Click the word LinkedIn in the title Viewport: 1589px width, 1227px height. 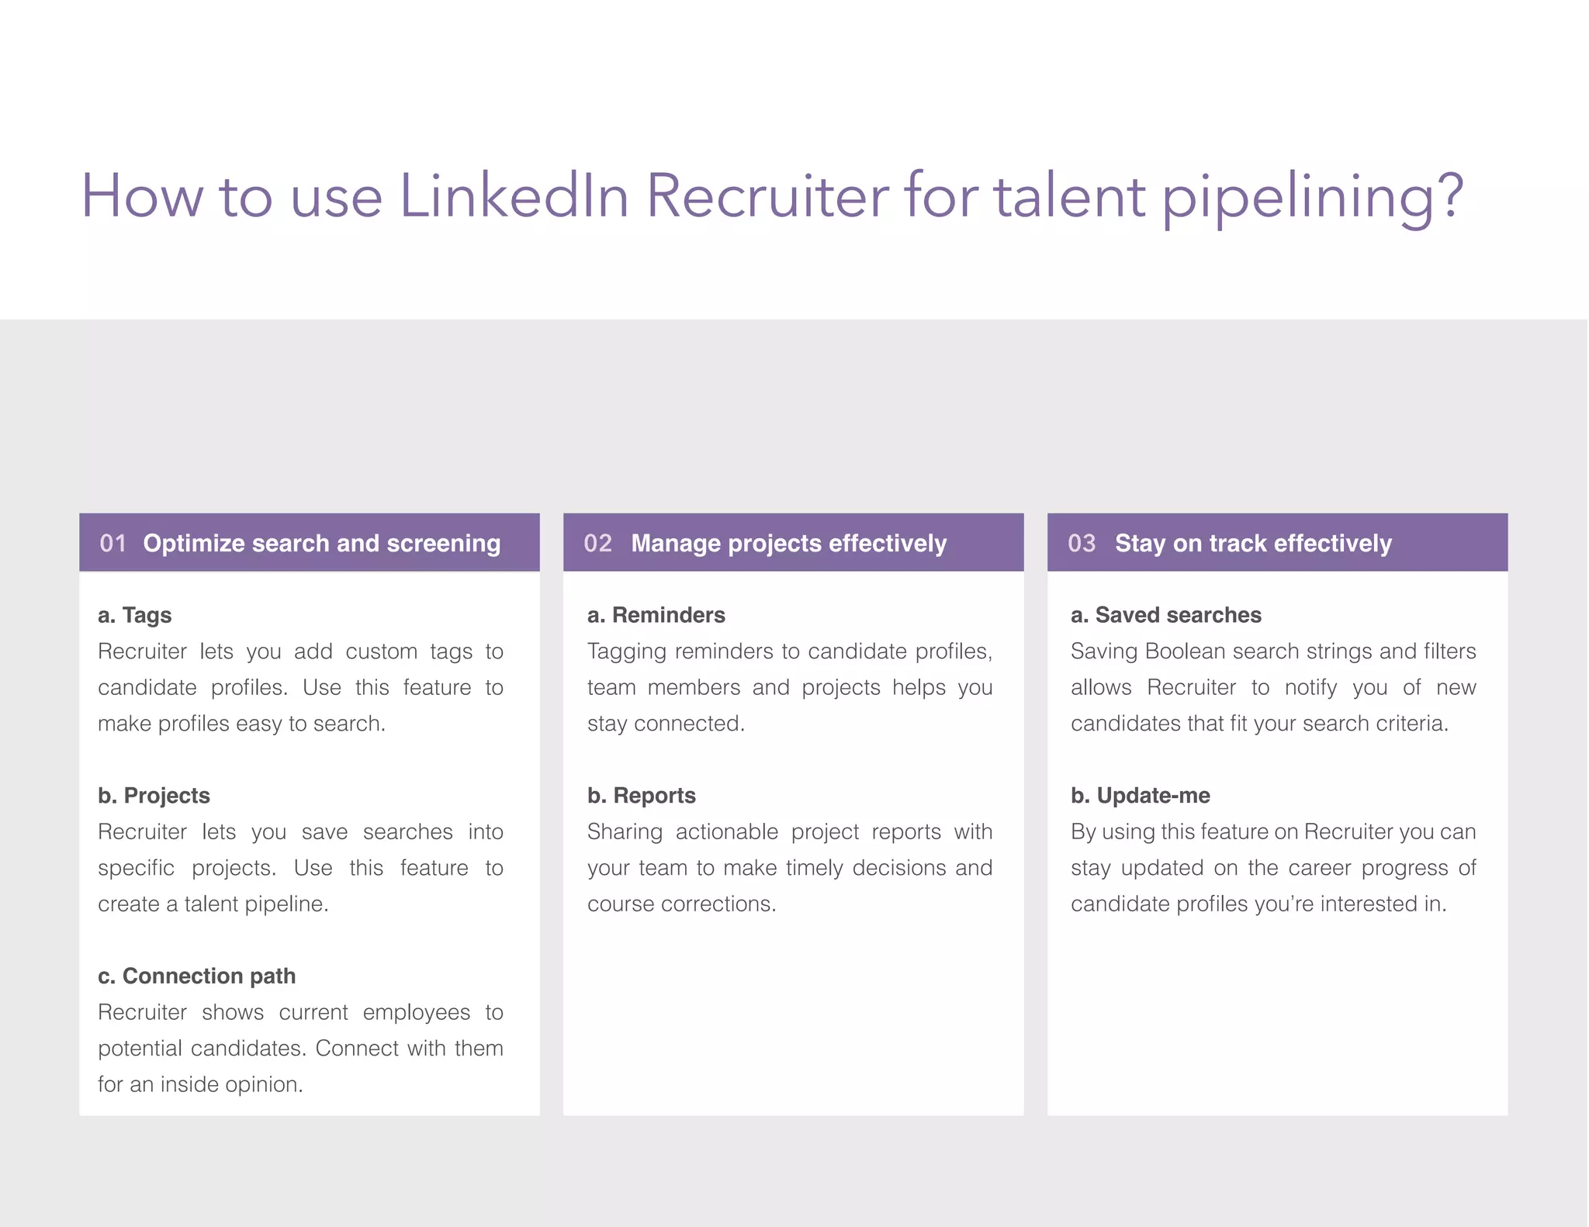pyautogui.click(x=514, y=195)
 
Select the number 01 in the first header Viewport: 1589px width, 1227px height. pyautogui.click(x=113, y=543)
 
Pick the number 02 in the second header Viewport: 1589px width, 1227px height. pyautogui.click(x=597, y=543)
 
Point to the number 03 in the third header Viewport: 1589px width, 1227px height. pyautogui.click(x=1082, y=543)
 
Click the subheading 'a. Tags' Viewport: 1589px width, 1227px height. pyautogui.click(x=135, y=615)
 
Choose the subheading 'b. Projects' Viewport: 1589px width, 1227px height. pyautogui.click(x=154, y=796)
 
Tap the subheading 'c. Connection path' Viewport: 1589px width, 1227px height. pyautogui.click(x=197, y=976)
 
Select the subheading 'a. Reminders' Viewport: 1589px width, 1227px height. pyautogui.click(x=656, y=615)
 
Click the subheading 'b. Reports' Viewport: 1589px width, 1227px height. pyautogui.click(x=642, y=796)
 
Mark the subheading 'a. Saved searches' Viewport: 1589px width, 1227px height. pyautogui.click(x=1166, y=615)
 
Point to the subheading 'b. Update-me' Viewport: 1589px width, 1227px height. pyautogui.click(x=1141, y=796)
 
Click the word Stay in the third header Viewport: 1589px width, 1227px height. pyautogui.click(x=1140, y=544)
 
